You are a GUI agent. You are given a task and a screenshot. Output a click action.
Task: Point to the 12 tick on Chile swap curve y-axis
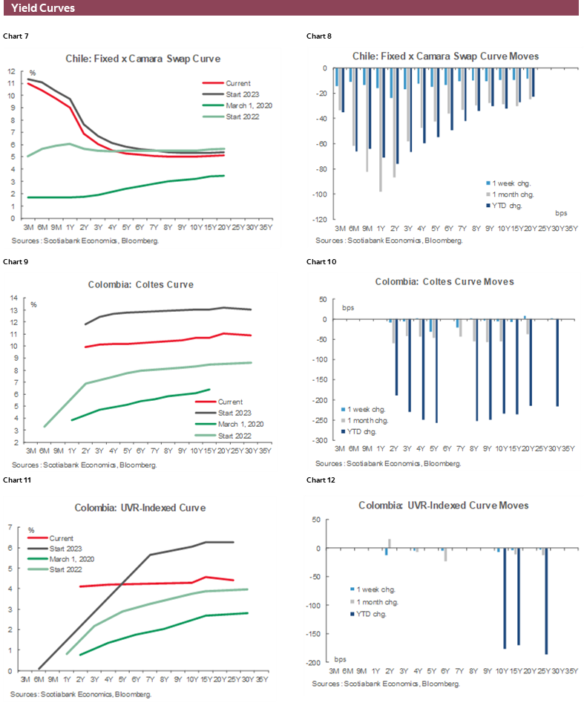(11, 71)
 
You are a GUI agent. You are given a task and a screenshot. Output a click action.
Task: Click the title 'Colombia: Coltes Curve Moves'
(444, 282)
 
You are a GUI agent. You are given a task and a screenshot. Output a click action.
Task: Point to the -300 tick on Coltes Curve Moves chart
(322, 441)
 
